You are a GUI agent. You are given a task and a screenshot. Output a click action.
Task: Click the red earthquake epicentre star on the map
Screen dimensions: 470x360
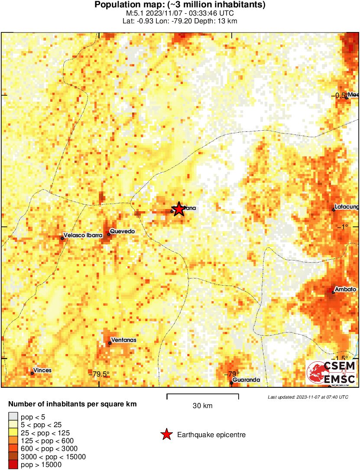coord(178,209)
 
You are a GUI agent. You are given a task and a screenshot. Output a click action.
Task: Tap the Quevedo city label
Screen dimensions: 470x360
coord(123,231)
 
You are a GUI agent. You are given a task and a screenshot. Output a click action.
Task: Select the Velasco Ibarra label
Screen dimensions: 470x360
coord(83,235)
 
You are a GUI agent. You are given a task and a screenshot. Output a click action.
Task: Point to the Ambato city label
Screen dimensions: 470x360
coord(346,289)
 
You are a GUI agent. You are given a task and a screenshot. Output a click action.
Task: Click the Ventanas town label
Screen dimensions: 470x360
coord(124,340)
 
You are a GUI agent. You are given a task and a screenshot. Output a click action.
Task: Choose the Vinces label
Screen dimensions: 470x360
coord(42,370)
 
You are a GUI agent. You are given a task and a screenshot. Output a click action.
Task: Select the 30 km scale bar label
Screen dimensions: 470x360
coord(202,406)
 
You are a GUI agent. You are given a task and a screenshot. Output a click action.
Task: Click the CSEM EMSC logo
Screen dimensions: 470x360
coord(331,372)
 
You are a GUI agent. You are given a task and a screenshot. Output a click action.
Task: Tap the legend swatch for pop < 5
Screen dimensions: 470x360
coord(13,417)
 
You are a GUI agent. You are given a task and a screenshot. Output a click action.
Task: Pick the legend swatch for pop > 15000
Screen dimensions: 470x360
coord(13,464)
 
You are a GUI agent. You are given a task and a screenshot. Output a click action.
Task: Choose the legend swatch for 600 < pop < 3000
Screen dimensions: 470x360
coord(13,449)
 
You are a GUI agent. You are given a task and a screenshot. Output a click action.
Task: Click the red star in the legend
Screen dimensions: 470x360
coord(166,435)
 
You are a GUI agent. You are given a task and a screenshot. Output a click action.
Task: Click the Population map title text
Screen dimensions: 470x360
coord(180,5)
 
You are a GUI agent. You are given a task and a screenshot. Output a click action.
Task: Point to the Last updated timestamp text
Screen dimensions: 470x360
coord(308,397)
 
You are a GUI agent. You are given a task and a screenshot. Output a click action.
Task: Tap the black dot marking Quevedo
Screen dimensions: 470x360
coord(109,234)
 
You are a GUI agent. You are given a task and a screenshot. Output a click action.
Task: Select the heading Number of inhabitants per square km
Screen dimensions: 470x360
coord(72,404)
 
